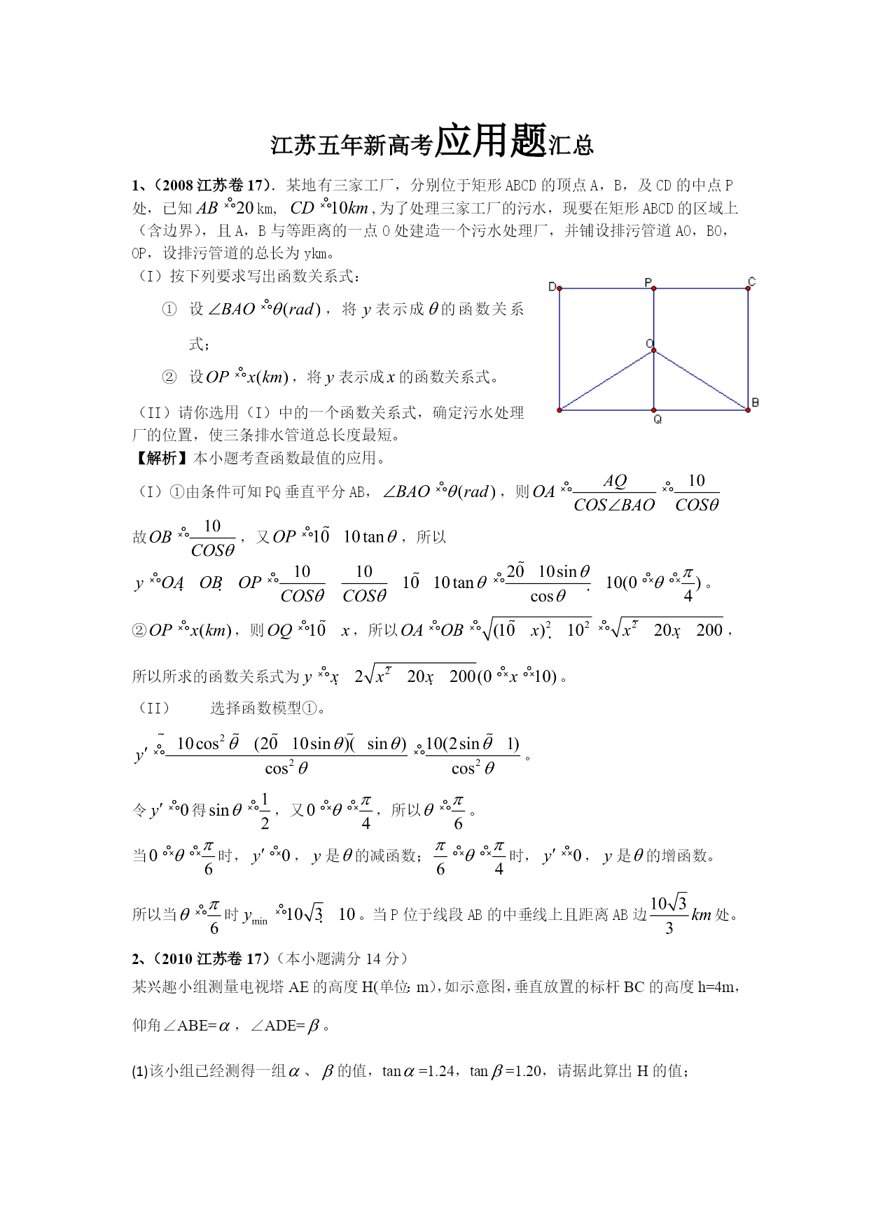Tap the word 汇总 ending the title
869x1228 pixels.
[571, 145]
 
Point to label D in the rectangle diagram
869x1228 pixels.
[552, 287]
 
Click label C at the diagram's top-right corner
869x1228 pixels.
[751, 282]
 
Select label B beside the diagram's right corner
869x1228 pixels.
[755, 403]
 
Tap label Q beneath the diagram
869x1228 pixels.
[658, 419]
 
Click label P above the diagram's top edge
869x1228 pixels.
[648, 283]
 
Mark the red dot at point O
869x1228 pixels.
[654, 351]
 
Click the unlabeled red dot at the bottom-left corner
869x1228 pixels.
[559, 410]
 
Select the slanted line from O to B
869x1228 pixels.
[700, 380]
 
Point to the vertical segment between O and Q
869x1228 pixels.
[654, 382]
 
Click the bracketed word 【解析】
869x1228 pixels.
[161, 458]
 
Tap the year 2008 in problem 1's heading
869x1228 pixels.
[178, 186]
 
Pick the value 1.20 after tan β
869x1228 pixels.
[526, 1071]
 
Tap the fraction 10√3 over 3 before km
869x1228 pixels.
[669, 915]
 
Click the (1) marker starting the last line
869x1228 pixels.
[139, 1072]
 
